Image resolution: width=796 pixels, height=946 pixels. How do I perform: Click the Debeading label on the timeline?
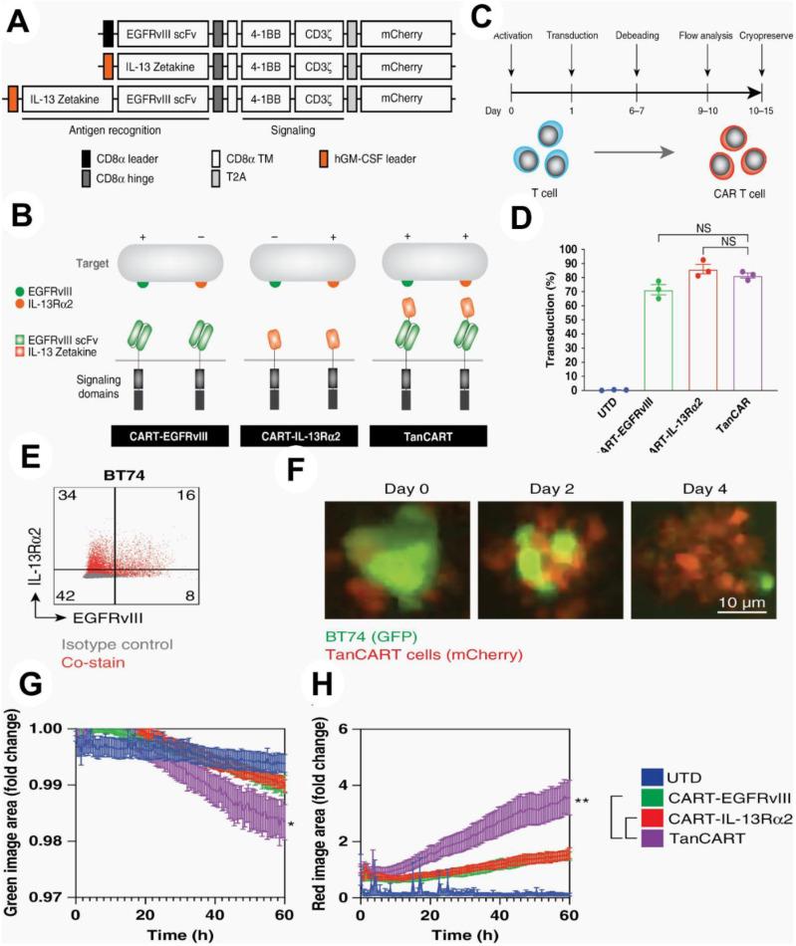coord(636,35)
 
